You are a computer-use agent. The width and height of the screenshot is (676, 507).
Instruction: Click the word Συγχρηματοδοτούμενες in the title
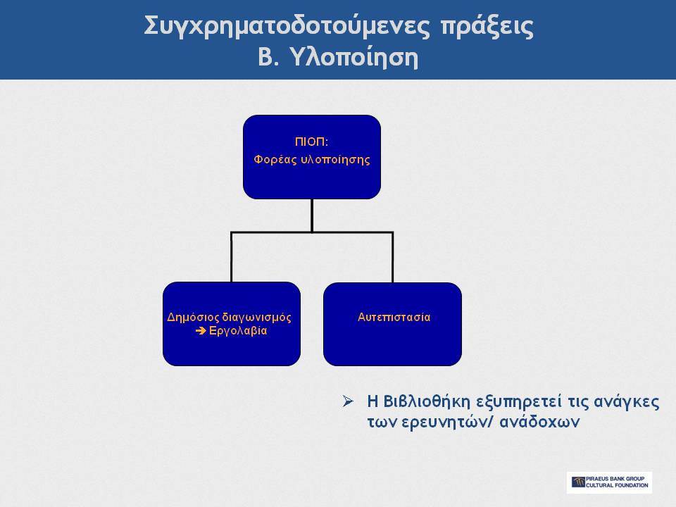(287, 27)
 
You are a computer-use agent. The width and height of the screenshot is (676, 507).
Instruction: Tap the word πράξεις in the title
(487, 27)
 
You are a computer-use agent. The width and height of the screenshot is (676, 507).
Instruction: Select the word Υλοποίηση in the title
(354, 57)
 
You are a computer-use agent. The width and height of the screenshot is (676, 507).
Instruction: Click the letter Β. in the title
(268, 57)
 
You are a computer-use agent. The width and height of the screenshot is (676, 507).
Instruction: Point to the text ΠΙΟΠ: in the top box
(312, 142)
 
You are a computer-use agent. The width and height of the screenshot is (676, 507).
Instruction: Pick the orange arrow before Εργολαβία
(201, 331)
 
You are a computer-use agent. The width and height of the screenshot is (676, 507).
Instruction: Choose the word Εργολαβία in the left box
(238, 331)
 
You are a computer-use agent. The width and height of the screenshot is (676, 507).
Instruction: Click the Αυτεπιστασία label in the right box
(394, 318)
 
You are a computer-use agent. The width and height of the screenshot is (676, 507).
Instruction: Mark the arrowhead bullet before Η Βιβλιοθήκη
(348, 401)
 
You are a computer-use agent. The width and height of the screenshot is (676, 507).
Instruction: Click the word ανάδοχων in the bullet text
(539, 422)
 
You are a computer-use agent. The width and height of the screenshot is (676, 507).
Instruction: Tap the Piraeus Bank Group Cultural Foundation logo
(609, 482)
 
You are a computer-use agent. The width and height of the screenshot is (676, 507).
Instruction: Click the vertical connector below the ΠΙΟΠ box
(312, 215)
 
